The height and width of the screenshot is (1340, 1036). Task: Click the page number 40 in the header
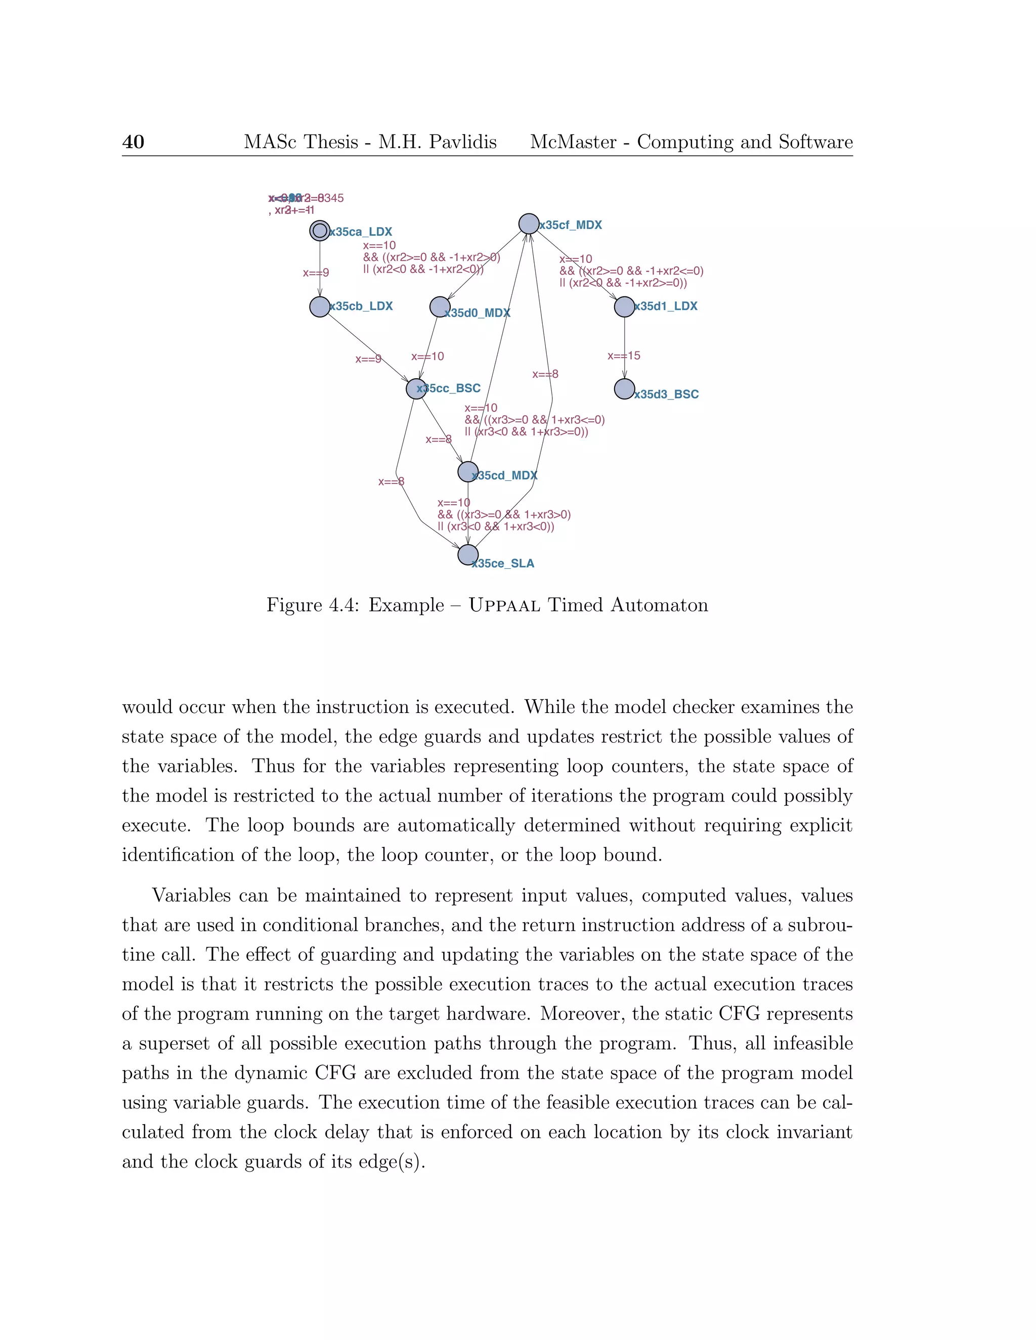(x=133, y=143)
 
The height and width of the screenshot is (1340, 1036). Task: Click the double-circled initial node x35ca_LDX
(x=320, y=231)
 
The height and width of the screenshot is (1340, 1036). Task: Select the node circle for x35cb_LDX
(x=320, y=307)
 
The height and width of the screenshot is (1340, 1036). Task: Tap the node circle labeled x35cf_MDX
(x=529, y=224)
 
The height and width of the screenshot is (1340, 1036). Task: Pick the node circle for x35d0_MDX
(x=440, y=307)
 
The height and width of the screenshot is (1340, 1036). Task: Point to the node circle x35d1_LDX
(x=624, y=307)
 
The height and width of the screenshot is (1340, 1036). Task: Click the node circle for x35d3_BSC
(x=624, y=389)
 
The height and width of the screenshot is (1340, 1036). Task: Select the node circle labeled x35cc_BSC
(x=416, y=388)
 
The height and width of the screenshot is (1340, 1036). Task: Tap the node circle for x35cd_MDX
(x=468, y=472)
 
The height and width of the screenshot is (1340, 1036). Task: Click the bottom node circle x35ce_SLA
(x=468, y=555)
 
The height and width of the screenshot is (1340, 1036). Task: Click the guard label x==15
(x=624, y=356)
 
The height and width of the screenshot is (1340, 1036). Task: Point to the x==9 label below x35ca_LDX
(x=316, y=273)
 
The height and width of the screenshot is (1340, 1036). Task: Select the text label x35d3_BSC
(x=667, y=394)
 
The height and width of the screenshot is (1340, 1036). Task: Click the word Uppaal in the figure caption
(x=504, y=606)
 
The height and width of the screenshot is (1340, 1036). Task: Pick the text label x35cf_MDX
(x=571, y=225)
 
